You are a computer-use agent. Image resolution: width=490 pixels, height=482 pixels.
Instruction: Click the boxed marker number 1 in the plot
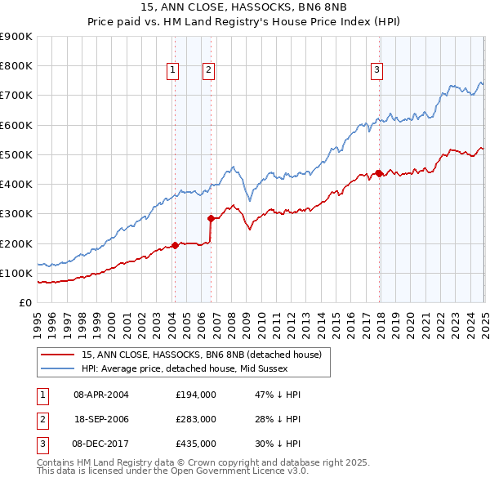(x=174, y=71)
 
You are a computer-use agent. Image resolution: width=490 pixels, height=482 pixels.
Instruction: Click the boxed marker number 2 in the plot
(x=209, y=71)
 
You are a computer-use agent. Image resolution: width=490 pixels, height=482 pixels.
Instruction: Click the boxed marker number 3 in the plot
(x=377, y=71)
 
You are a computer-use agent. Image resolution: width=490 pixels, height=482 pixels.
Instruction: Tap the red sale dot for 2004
(x=175, y=245)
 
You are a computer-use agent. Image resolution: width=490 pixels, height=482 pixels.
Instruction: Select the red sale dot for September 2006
(x=211, y=218)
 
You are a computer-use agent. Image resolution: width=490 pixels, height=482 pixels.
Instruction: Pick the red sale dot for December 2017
(x=379, y=173)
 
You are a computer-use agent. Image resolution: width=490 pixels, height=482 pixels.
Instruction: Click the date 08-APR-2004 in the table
(x=101, y=395)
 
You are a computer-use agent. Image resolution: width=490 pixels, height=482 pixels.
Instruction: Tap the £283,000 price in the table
(x=196, y=419)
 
